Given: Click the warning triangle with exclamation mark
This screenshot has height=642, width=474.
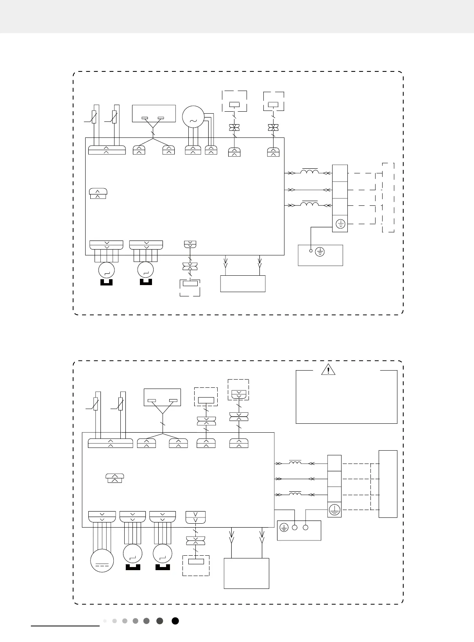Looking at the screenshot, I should click(328, 369).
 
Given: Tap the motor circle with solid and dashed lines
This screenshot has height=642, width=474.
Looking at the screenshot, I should click(102, 561).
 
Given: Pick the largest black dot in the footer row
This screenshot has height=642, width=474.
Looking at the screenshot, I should click(175, 621).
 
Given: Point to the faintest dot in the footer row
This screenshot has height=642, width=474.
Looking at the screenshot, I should click(105, 621).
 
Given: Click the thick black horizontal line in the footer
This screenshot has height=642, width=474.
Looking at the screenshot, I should click(65, 626).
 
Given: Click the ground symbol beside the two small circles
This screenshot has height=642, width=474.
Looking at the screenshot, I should click(284, 528).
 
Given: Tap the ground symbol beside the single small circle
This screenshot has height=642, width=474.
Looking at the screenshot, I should click(320, 252).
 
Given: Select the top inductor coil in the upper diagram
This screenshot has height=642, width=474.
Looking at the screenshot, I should click(309, 171).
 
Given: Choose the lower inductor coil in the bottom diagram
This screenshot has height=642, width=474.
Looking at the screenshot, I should click(295, 494).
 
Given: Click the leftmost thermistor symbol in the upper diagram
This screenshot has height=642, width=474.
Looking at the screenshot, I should click(94, 117).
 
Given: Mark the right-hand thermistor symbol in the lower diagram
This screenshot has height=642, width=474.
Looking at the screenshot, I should click(121, 404).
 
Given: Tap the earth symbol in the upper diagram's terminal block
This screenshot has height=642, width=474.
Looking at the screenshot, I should click(340, 224).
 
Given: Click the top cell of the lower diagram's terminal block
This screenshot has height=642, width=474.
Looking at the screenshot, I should click(334, 463).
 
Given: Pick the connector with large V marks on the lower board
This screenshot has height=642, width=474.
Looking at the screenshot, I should click(195, 517).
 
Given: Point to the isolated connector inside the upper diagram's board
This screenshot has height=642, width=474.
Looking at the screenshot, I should click(98, 193).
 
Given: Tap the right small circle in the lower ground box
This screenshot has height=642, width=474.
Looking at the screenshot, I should click(306, 528).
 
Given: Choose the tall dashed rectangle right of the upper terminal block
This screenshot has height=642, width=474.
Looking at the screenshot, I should click(388, 197).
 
